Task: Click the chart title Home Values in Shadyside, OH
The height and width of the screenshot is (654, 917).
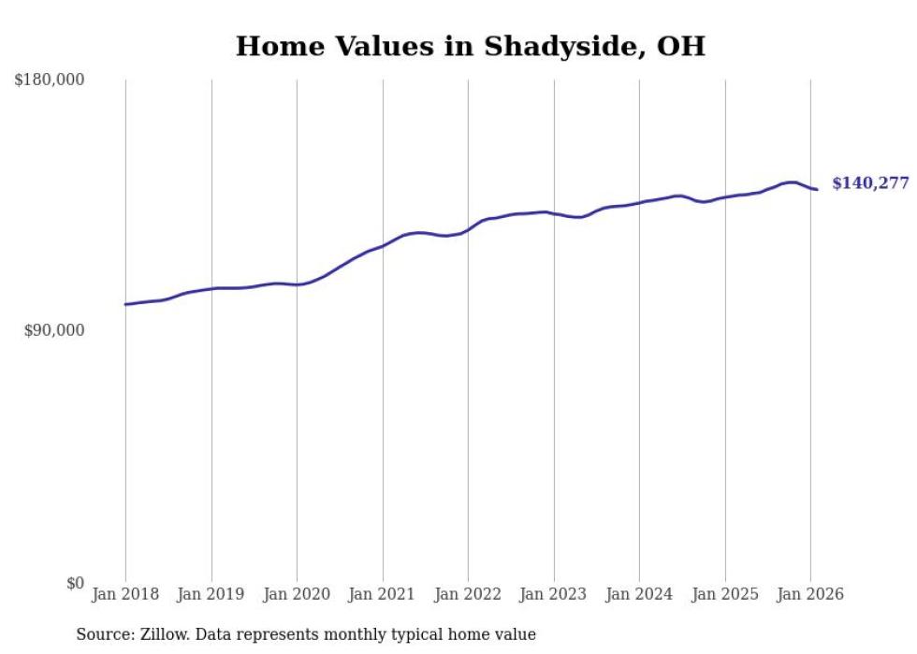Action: point(470,46)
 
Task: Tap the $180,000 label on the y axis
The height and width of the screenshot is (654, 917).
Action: point(50,80)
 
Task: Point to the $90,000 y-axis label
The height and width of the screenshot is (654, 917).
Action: point(54,331)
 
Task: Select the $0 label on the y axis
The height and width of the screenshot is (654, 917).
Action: point(75,583)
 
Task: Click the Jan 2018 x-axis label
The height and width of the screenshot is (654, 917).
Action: point(125,594)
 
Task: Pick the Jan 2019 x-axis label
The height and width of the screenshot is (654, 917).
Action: point(211,594)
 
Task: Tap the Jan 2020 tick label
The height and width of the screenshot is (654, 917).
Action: point(297,594)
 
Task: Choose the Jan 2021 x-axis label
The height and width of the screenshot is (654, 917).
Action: point(383,594)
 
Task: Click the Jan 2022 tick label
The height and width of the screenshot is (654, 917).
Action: point(468,594)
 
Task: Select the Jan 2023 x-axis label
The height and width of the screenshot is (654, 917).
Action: point(554,594)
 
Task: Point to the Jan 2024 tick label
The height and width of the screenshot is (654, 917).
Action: point(639,594)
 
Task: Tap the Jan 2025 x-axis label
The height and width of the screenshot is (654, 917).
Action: point(725,594)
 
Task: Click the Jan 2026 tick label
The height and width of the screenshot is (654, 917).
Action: point(810,594)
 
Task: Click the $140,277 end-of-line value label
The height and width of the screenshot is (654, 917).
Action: point(870,183)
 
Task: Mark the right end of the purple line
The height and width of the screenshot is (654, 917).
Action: point(817,190)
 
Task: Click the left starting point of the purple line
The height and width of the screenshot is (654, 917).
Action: point(125,304)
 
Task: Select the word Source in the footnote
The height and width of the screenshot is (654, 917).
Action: point(103,634)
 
